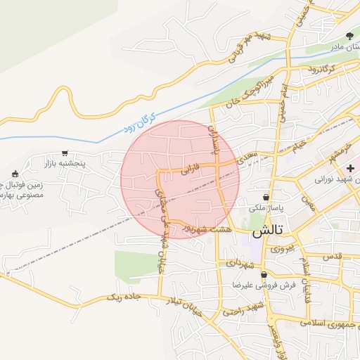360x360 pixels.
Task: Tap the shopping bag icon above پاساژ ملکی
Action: pyautogui.click(x=266, y=198)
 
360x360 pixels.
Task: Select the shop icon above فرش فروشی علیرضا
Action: pyautogui.click(x=263, y=275)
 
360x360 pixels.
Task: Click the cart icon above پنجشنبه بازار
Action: pyautogui.click(x=65, y=153)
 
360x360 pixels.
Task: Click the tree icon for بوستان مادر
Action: pyautogui.click(x=349, y=36)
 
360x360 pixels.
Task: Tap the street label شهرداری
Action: pyautogui.click(x=239, y=264)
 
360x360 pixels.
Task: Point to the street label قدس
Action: pyautogui.click(x=333, y=257)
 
